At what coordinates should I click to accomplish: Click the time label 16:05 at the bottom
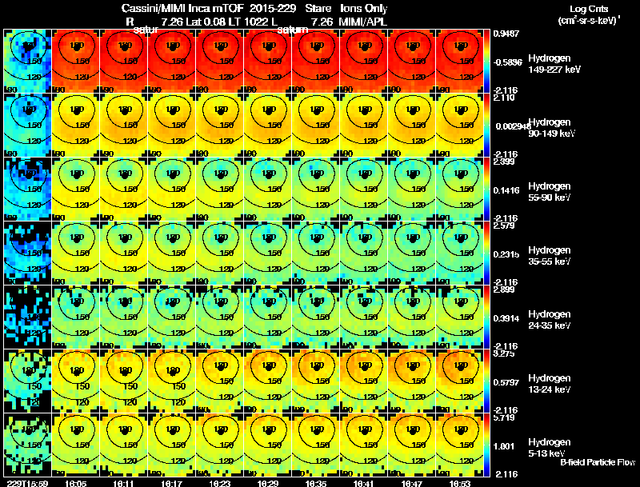(76, 483)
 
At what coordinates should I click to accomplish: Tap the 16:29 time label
(268, 483)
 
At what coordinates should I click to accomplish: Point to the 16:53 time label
(460, 483)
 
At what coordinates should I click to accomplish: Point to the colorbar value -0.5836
(508, 62)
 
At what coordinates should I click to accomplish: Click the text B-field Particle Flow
(597, 462)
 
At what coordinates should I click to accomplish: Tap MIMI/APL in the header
(364, 20)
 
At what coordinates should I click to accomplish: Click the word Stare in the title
(318, 7)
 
